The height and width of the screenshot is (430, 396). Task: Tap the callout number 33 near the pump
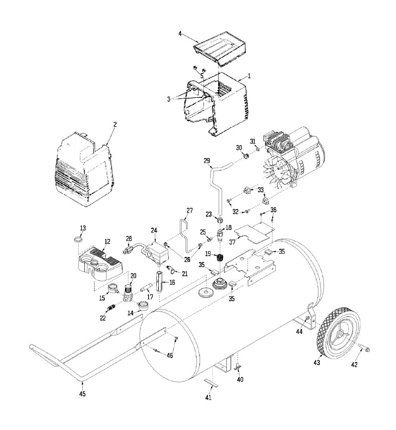(261, 190)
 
